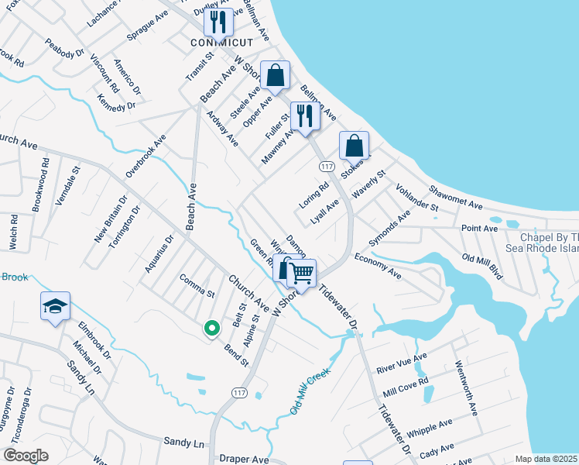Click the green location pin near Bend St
(211, 329)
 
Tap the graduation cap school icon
(56, 308)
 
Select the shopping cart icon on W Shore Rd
(302, 273)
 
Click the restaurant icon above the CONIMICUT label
(218, 23)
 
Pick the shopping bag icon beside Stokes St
(354, 146)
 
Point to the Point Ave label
(480, 229)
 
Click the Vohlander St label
(416, 198)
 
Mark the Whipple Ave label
(434, 429)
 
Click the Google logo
(26, 455)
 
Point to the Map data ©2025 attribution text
(546, 459)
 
